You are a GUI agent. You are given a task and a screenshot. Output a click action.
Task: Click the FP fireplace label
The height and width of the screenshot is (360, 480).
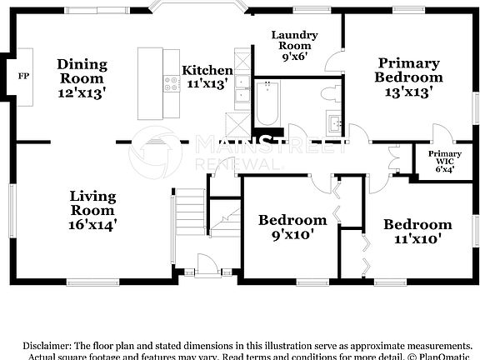tap(22, 76)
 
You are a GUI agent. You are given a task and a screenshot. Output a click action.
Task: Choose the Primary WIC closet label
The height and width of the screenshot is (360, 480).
tap(445, 162)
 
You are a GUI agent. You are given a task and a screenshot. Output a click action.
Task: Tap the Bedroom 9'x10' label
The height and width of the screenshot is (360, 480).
tap(292, 227)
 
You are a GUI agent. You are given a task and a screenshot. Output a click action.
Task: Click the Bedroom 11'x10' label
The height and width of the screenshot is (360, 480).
tap(417, 232)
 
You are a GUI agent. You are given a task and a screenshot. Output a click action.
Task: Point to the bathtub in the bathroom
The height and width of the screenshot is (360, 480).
tap(269, 104)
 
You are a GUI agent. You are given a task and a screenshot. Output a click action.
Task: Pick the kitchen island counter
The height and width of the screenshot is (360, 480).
tap(152, 83)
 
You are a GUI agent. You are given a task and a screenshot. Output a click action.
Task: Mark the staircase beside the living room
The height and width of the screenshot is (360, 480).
tap(191, 214)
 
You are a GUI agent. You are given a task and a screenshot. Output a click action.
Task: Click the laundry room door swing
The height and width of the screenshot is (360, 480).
tap(333, 62)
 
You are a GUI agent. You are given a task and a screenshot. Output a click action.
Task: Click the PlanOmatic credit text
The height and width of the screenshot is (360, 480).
tap(446, 357)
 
